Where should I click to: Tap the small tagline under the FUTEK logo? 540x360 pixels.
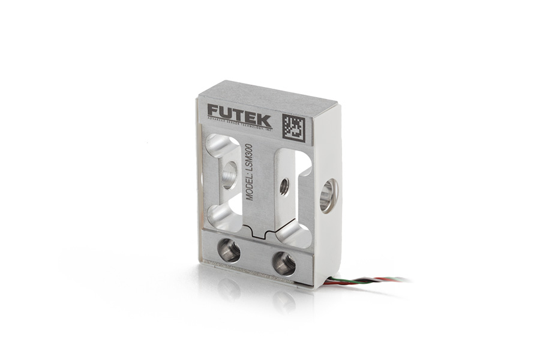click(x=239, y=122)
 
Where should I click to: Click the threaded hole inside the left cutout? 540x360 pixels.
click(x=229, y=176)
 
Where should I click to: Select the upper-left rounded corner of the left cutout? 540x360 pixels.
click(x=215, y=143)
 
